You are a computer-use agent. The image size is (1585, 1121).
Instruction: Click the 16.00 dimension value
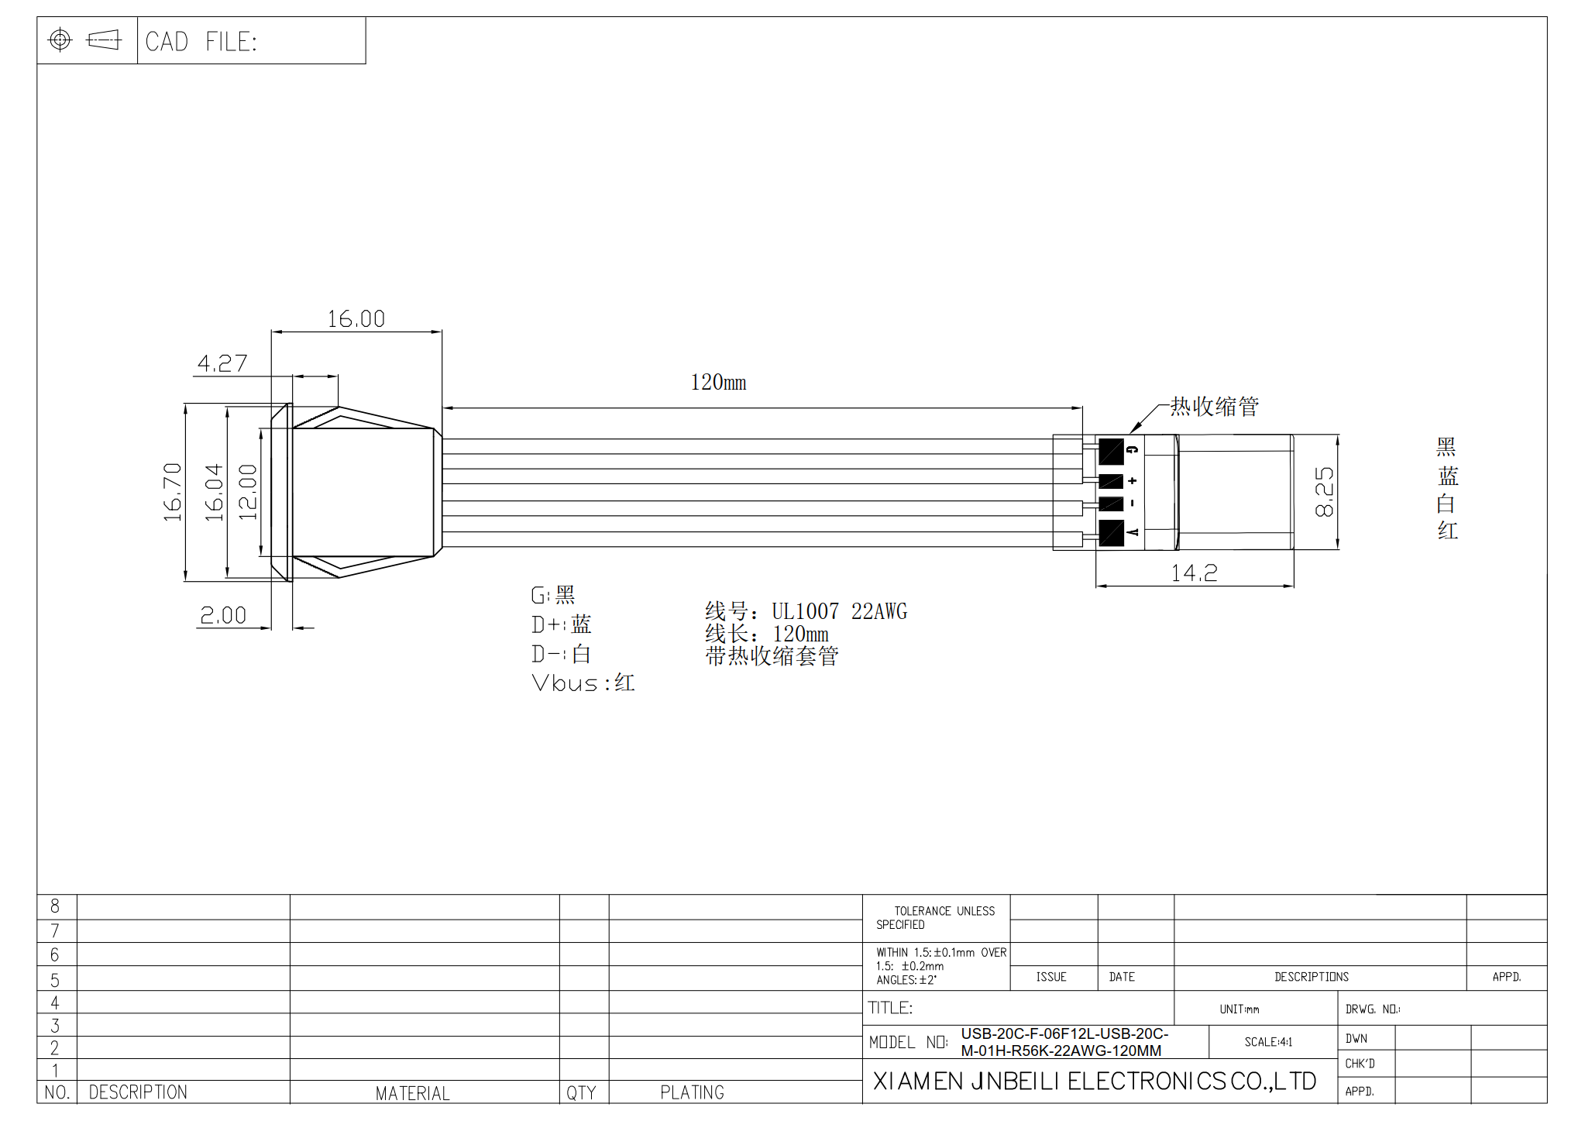point(356,319)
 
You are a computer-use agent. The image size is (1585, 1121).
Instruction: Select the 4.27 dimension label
point(222,363)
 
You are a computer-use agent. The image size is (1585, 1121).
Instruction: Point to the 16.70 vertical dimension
point(173,492)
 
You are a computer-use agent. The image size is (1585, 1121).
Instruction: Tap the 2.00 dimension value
point(223,615)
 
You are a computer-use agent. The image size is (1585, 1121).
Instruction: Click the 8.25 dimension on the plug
point(1324,492)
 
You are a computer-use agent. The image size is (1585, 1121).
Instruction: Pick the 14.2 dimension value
point(1194,573)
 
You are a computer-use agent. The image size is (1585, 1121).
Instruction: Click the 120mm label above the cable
point(718,382)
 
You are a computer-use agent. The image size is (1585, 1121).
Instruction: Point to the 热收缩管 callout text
point(1214,407)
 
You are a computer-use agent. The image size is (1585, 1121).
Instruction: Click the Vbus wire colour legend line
point(583,683)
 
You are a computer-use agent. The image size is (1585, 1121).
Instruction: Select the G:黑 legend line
point(552,595)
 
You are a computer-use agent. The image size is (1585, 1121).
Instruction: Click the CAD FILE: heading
point(201,42)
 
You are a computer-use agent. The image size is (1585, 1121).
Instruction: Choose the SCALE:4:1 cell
point(1268,1042)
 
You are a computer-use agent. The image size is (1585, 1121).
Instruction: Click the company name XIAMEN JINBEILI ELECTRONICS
point(1094,1081)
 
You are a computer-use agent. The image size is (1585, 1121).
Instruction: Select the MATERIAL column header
point(412,1093)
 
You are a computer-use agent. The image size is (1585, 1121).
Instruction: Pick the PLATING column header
point(692,1092)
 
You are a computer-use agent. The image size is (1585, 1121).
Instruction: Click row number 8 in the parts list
point(55,906)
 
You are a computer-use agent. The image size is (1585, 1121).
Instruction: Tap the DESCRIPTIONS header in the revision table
point(1312,977)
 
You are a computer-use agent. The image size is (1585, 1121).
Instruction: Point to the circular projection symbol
point(60,40)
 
